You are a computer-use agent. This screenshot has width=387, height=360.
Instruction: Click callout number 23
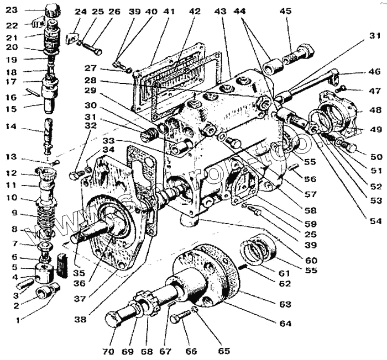pos(12,9)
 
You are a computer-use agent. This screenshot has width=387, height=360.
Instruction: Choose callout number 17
pos(12,82)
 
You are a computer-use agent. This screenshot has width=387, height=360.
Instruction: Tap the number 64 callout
pos(285,324)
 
